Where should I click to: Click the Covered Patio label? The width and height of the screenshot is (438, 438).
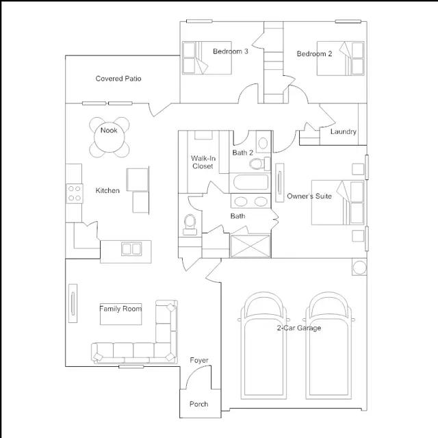118,79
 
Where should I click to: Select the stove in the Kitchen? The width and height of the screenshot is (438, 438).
73,193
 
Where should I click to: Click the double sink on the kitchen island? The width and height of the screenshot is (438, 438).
131,248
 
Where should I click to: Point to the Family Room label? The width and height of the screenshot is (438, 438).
120,309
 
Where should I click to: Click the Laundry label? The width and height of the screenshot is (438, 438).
343,131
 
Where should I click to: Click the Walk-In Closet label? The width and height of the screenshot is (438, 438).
203,162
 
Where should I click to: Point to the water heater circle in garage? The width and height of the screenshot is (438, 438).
359,266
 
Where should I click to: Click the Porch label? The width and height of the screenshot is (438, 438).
198,404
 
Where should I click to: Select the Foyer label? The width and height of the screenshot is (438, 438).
199,361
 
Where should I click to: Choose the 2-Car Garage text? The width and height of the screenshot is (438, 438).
298,328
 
